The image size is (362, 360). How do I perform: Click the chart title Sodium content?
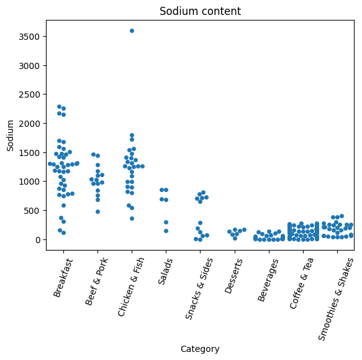coord(200,11)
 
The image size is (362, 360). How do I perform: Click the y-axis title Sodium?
coord(10,136)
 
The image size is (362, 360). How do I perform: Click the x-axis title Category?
coord(200,349)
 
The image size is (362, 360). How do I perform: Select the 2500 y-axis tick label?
coord(29,95)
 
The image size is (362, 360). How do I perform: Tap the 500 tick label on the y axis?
coord(32,211)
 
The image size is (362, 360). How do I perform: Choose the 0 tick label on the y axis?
coord(38,240)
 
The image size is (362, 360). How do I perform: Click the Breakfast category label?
coord(63,277)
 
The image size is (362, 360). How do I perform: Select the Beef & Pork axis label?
coord(96,282)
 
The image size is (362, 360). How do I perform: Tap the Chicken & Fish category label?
coord(130,287)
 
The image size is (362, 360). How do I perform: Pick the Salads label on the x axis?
coord(165,271)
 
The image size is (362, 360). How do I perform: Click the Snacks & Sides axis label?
coord(199,288)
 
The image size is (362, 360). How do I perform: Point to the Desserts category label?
coord(233,276)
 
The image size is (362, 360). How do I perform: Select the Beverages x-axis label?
coord(268,280)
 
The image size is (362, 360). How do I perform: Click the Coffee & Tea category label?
coord(301,284)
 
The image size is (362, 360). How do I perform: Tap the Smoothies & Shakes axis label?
coord(335,299)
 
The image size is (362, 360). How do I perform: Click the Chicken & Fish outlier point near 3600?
coord(132,30)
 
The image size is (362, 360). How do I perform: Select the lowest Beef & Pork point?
coord(97,211)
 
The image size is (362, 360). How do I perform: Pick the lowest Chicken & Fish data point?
coord(132,218)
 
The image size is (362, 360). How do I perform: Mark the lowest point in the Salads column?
coord(166,231)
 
